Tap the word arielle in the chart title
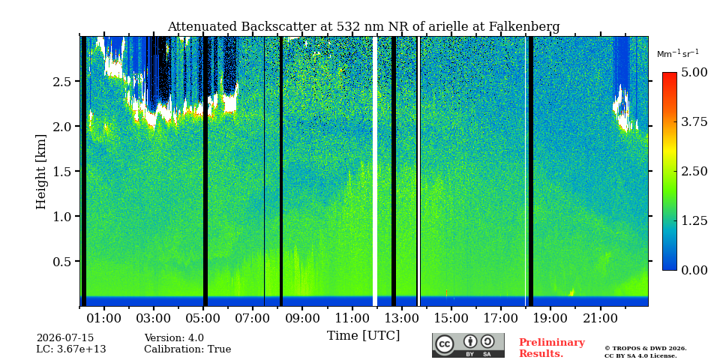click(x=448, y=27)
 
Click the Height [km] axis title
click(x=41, y=172)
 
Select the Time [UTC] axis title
click(x=363, y=336)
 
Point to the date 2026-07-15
click(x=65, y=338)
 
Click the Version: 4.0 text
click(x=174, y=338)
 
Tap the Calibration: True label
click(x=187, y=349)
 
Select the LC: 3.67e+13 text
click(x=71, y=349)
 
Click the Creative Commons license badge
click(x=468, y=345)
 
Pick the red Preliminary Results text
click(x=552, y=348)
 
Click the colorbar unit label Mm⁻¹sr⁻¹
click(x=678, y=54)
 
